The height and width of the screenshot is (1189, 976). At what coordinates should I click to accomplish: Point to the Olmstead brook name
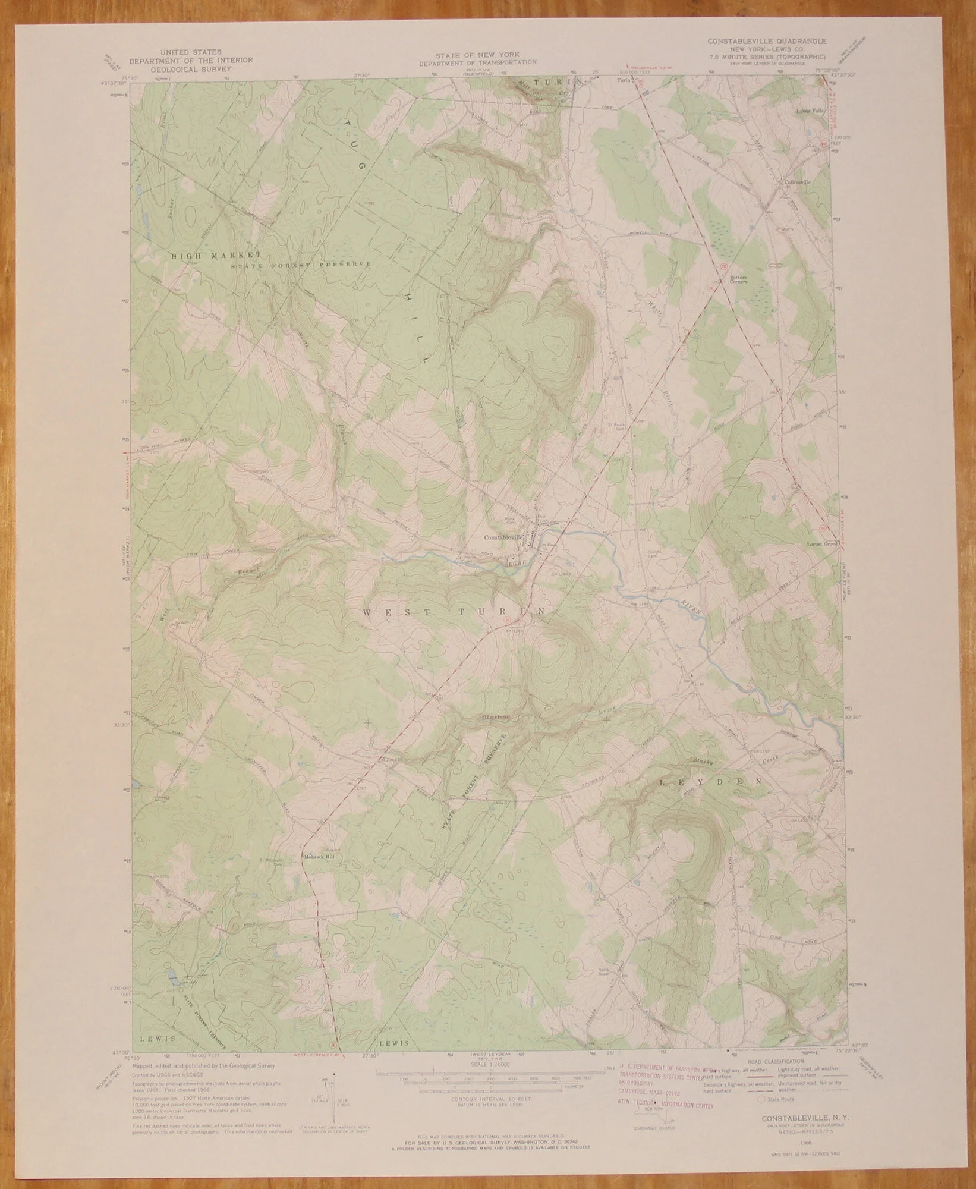[496, 717]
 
